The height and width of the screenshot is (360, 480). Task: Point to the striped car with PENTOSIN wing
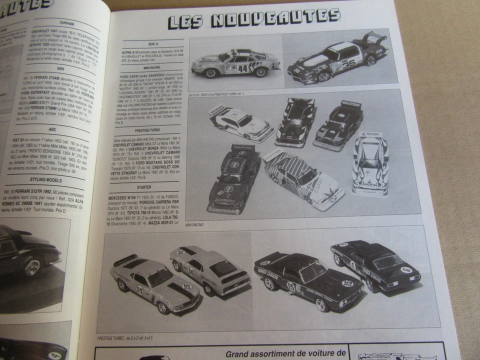point(303,178)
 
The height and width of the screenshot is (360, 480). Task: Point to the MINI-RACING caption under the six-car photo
point(194,225)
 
